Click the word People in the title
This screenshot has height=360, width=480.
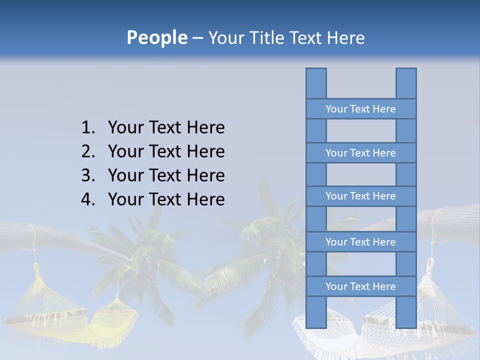156,38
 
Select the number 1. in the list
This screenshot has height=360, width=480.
87,128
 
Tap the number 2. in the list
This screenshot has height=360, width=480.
87,151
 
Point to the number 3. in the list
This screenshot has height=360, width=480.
87,175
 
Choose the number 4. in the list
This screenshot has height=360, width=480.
87,199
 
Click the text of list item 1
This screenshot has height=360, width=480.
166,128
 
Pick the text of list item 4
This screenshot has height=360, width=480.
166,199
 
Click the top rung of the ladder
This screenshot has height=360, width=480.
360,109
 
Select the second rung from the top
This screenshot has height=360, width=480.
360,153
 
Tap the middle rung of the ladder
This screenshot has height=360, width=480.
360,196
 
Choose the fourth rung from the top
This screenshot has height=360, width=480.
360,242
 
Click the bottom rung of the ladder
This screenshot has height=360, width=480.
360,286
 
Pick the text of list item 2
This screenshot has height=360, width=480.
166,151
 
